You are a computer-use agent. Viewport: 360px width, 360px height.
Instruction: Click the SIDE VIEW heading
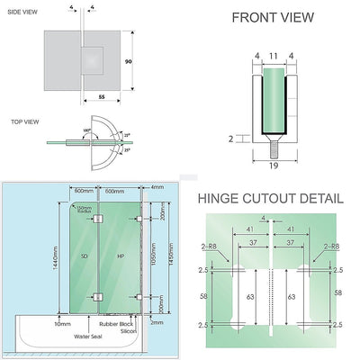click(21, 12)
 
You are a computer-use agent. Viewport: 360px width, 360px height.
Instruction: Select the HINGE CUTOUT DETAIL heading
click(270, 198)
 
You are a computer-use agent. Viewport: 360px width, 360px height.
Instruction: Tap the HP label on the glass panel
click(121, 257)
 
